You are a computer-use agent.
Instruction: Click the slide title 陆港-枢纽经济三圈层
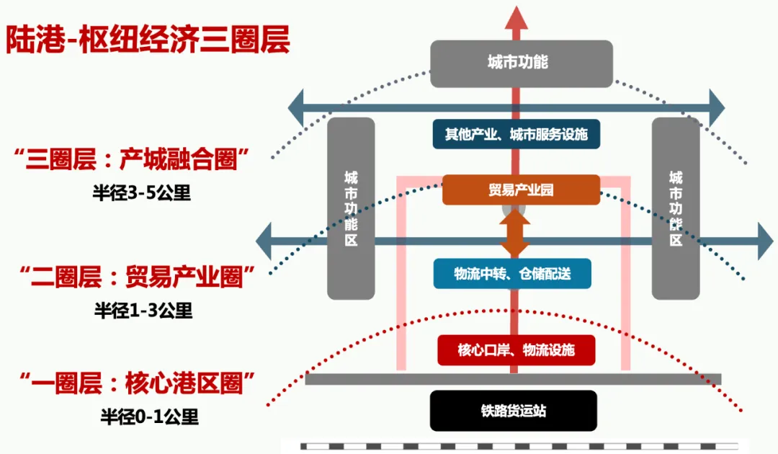148,40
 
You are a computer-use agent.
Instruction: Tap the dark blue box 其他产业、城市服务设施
516,134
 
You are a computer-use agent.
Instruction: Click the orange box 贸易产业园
520,190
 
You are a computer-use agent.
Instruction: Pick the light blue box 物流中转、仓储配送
511,274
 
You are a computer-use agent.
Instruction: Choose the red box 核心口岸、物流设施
516,350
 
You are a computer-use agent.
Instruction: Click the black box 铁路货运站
513,411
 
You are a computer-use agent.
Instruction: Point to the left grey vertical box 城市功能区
351,209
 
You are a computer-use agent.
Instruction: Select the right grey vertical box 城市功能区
676,209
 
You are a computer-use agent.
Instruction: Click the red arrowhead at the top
516,19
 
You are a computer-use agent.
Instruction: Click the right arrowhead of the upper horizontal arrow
716,109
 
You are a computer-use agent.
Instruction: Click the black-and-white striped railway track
519,447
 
